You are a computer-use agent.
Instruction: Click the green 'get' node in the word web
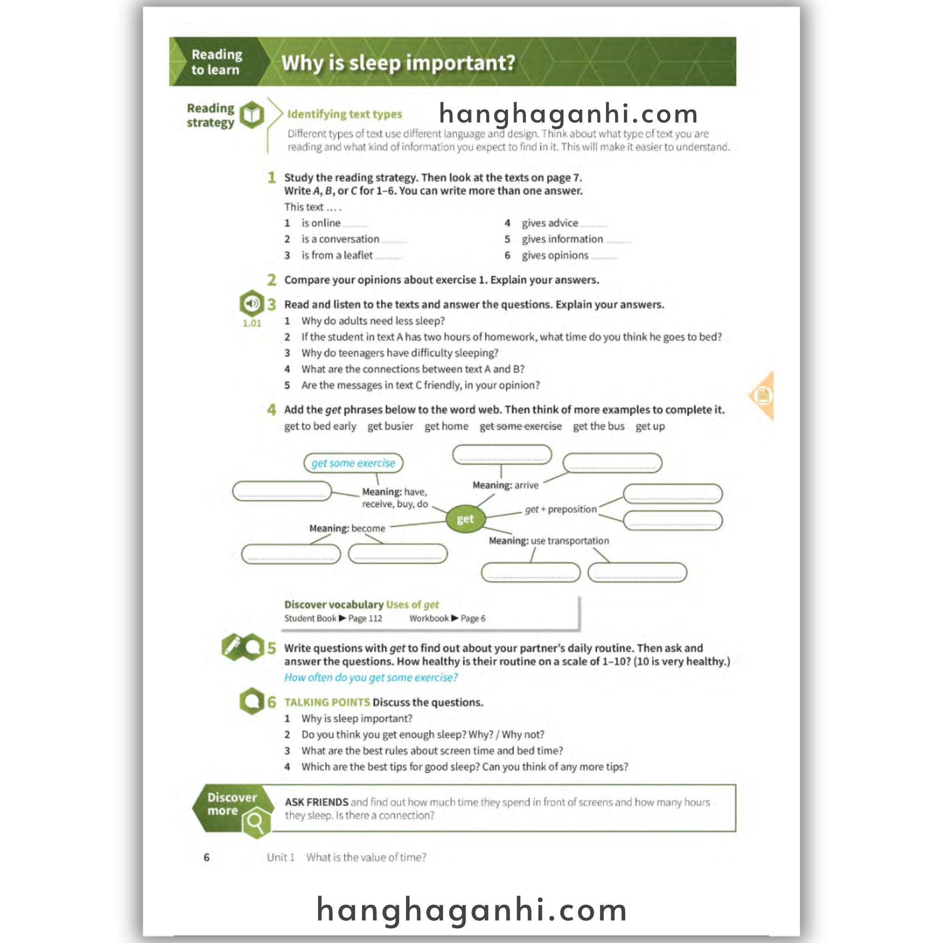(465, 519)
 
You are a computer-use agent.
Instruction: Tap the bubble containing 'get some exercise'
(353, 463)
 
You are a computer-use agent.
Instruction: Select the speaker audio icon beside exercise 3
(252, 303)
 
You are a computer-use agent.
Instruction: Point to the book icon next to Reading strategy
(252, 115)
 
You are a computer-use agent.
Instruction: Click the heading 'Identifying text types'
(344, 114)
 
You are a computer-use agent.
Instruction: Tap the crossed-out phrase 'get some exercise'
(520, 426)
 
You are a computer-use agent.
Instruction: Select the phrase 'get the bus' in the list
(599, 426)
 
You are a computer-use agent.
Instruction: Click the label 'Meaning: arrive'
(505, 485)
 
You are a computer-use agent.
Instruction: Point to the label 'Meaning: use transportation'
(548, 541)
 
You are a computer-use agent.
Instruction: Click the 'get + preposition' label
(560, 510)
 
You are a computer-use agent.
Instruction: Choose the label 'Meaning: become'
(347, 528)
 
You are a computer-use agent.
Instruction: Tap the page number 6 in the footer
(206, 857)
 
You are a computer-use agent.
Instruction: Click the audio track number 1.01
(252, 323)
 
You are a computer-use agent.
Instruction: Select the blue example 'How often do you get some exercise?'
(371, 677)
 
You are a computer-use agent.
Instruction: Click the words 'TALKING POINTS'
(327, 702)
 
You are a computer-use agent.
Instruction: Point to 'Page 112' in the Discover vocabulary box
(365, 618)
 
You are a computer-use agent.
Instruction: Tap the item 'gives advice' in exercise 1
(550, 223)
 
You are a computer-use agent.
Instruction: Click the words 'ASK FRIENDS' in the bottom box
(316, 802)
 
